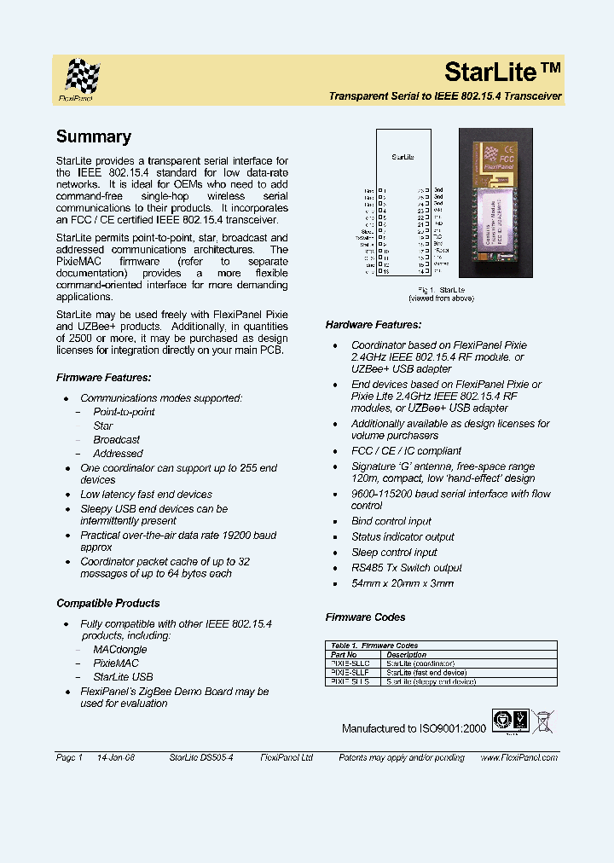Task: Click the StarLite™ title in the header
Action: click(x=502, y=71)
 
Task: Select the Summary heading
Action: click(x=93, y=136)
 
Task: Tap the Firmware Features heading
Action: click(x=103, y=377)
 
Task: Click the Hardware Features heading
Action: click(x=374, y=325)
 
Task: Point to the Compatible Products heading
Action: click(x=107, y=603)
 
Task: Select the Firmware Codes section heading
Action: click(x=365, y=617)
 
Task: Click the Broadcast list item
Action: click(x=116, y=439)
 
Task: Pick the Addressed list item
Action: click(x=118, y=454)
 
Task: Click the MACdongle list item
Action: click(x=119, y=649)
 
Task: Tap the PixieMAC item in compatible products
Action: click(x=115, y=663)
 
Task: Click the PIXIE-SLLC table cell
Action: click(x=350, y=663)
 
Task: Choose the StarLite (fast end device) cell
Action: click(x=426, y=673)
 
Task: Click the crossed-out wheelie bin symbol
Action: click(x=542, y=721)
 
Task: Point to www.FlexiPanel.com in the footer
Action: click(x=518, y=757)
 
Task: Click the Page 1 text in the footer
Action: click(x=69, y=757)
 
